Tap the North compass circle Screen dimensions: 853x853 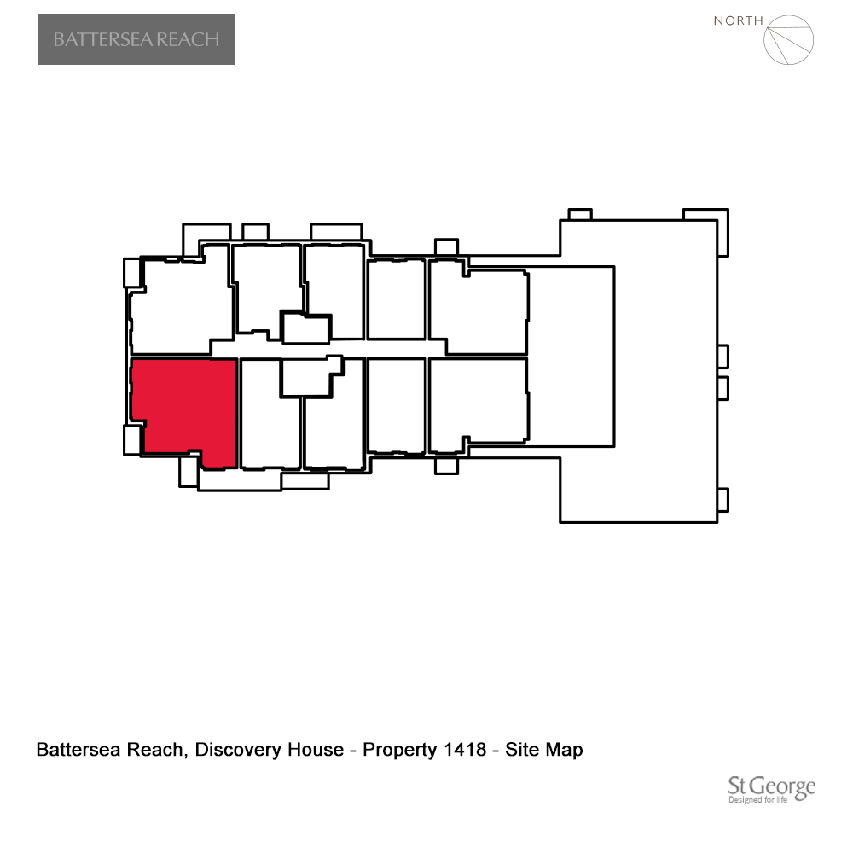[788, 40]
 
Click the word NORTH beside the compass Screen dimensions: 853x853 [738, 20]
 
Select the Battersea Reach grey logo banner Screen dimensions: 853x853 [136, 39]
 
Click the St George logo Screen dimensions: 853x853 [771, 789]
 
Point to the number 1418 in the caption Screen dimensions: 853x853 [465, 750]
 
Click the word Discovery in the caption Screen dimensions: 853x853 [238, 750]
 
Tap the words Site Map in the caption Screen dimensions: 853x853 [544, 750]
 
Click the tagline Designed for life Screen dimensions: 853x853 [757, 800]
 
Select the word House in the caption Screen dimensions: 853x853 [316, 750]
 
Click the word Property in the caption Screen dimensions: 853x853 [400, 750]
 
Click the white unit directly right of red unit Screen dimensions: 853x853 [270, 414]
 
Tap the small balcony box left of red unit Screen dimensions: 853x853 [132, 440]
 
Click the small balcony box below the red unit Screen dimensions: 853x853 [189, 471]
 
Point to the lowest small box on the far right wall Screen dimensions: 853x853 [723, 500]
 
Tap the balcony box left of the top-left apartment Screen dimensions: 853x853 [132, 273]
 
